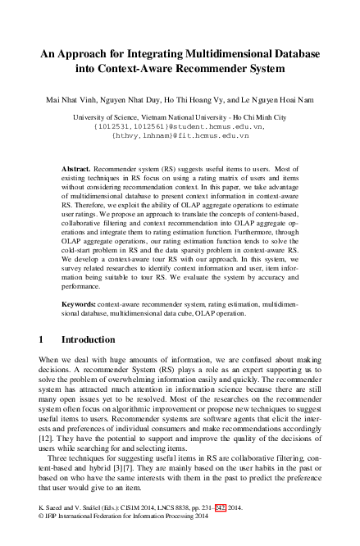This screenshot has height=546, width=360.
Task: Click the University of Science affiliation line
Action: click(x=180, y=118)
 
